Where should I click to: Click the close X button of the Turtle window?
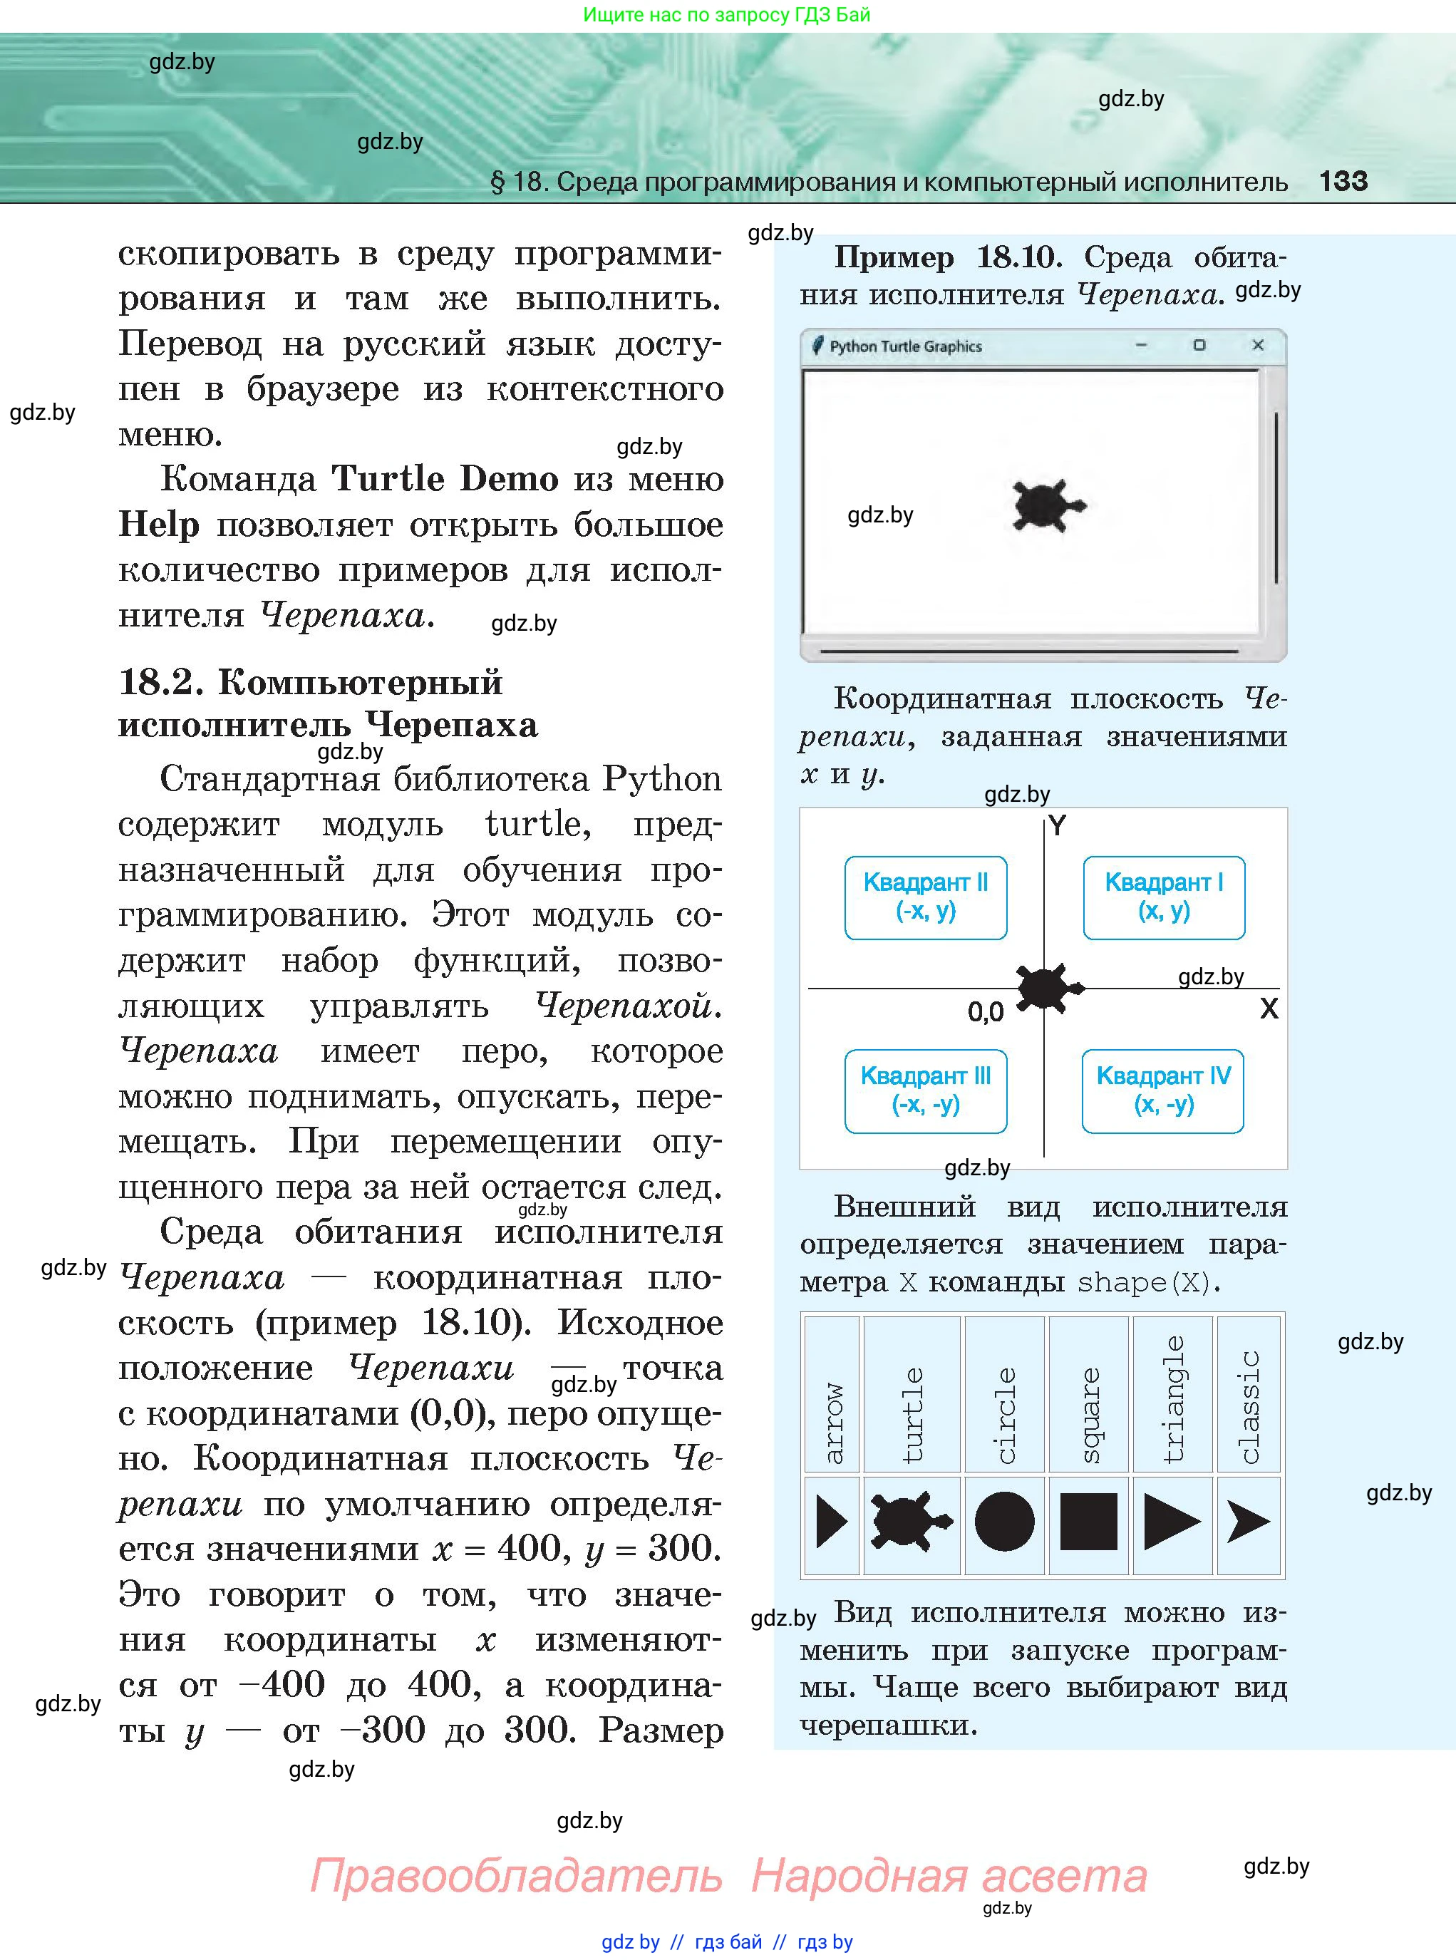(x=1258, y=346)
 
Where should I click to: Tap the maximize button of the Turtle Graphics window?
(x=1199, y=346)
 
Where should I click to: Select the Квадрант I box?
(x=1163, y=897)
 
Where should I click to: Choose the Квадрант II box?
(x=926, y=897)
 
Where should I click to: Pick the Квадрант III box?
(x=926, y=1090)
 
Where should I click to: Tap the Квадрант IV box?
(x=1162, y=1090)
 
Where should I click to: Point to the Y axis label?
(x=1058, y=826)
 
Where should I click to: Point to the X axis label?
(x=1269, y=1009)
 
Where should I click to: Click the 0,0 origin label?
(x=986, y=1012)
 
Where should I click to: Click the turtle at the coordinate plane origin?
(x=1048, y=987)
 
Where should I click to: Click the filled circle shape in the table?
(x=1005, y=1521)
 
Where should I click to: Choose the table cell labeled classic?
(x=1249, y=1393)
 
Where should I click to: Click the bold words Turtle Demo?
(x=445, y=478)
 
